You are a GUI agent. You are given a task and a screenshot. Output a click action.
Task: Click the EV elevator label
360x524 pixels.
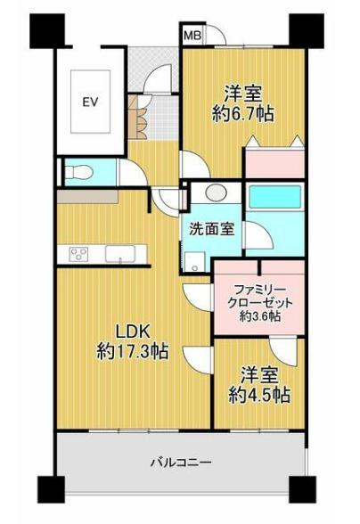pos(90,102)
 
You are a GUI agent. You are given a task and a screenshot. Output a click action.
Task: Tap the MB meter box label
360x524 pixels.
pos(192,35)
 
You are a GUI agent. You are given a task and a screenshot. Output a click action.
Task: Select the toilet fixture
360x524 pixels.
pos(78,173)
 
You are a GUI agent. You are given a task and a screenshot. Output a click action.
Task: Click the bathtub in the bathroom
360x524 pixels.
pos(275,197)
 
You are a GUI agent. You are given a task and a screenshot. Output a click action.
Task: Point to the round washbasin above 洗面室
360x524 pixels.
pos(216,192)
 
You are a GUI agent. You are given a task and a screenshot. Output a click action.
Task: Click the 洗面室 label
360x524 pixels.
pos(211,229)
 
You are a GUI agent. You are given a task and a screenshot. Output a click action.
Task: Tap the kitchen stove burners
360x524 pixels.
pos(78,254)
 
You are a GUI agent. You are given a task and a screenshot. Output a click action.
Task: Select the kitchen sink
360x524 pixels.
pos(120,254)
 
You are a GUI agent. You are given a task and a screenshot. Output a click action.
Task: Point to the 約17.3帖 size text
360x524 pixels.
pos(133,351)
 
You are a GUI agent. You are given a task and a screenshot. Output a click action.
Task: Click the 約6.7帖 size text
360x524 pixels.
pos(243,114)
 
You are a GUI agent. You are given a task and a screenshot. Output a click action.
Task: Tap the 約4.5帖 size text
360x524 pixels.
pos(259,395)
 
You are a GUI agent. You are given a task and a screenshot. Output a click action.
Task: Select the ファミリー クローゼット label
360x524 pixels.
pos(259,296)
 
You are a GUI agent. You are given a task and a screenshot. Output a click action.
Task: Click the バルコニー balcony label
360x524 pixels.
pos(181,463)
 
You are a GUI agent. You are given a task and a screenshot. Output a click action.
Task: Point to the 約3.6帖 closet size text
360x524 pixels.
pos(259,315)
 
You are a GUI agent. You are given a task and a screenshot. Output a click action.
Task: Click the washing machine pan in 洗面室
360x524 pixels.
pos(195,262)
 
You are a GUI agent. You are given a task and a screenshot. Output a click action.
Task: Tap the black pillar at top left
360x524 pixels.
pos(47,30)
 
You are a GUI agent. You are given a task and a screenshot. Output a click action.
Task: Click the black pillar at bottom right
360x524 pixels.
pos(302,490)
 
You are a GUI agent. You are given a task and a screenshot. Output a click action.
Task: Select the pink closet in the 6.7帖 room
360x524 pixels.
pos(274,164)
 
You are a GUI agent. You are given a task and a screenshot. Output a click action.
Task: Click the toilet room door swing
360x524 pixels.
pos(133,172)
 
